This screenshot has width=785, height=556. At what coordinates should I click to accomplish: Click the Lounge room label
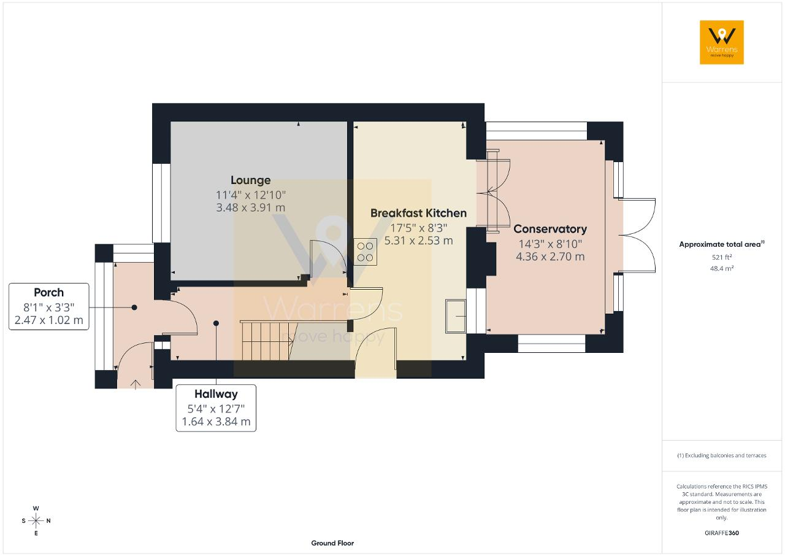[251, 180]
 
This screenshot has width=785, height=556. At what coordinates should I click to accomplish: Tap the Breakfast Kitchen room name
[418, 213]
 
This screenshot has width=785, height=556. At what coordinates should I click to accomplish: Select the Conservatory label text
[550, 229]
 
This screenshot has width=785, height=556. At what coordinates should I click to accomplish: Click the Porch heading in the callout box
[48, 292]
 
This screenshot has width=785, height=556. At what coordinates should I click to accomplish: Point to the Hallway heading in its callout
[216, 394]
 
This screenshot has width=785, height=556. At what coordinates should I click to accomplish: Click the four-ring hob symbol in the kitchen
[365, 252]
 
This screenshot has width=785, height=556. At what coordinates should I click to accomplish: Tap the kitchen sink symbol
[456, 316]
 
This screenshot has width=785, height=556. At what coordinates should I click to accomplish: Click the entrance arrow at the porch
[136, 384]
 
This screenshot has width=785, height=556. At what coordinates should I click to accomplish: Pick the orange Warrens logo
[722, 42]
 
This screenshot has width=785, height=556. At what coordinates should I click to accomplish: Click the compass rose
[36, 520]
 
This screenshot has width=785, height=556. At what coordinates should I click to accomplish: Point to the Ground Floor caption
[332, 543]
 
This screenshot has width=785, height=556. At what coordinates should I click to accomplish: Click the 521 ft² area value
[722, 257]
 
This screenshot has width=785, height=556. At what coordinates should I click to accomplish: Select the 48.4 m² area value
[722, 269]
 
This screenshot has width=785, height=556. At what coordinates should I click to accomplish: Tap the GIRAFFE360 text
[722, 533]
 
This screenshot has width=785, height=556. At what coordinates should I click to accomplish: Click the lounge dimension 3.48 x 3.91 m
[251, 207]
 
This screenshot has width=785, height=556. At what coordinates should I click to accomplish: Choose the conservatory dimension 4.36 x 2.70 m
[550, 257]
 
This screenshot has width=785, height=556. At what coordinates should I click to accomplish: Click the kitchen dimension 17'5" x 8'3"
[418, 228]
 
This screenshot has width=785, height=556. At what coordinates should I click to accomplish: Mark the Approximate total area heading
[722, 244]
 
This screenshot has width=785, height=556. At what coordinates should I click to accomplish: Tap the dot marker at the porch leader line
[134, 307]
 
